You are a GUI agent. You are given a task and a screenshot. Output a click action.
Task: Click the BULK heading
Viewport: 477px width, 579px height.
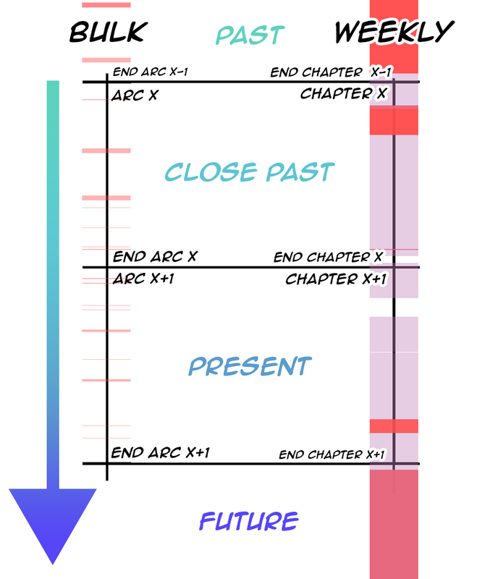(108, 32)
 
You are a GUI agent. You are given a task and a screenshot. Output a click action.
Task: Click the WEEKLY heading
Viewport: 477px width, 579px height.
(394, 32)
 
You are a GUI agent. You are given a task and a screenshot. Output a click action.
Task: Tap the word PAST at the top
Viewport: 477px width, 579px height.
(250, 34)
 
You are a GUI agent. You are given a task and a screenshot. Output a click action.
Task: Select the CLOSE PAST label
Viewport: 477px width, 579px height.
(250, 172)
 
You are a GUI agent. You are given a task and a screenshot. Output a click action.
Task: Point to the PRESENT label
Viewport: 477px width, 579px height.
(250, 365)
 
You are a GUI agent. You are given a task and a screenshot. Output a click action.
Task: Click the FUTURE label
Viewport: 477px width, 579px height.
(248, 520)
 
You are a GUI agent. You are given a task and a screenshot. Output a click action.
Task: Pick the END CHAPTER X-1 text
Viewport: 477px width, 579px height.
(332, 73)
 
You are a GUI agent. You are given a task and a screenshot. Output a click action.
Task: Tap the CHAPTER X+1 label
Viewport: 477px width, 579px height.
(337, 279)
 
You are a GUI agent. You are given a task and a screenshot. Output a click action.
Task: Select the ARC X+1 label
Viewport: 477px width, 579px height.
(143, 279)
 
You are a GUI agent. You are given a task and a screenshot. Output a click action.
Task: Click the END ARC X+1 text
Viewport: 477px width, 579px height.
(161, 453)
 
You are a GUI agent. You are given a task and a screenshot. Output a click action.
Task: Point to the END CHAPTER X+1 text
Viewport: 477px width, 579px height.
(332, 455)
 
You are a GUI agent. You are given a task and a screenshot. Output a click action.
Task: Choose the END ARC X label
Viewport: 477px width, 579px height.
(155, 257)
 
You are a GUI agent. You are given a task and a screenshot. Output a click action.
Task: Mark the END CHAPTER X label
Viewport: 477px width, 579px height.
(329, 258)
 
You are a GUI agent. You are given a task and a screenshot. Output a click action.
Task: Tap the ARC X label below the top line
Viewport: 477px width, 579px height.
(135, 95)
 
